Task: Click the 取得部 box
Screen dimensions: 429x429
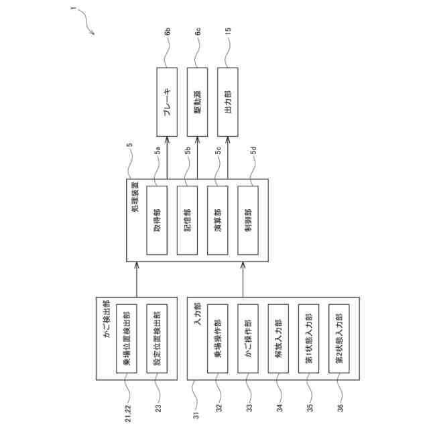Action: point(156,221)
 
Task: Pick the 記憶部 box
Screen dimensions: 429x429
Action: point(187,221)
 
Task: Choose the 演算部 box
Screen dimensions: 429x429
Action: point(218,221)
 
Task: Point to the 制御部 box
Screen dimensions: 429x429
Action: point(249,221)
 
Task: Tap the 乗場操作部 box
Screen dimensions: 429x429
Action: point(218,338)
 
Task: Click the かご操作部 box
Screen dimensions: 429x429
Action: point(248,338)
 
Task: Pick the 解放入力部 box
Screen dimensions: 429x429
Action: point(279,338)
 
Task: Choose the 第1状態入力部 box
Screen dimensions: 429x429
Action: point(309,338)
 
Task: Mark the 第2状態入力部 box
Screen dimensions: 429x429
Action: point(340,338)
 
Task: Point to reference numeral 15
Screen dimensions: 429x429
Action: point(228,32)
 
